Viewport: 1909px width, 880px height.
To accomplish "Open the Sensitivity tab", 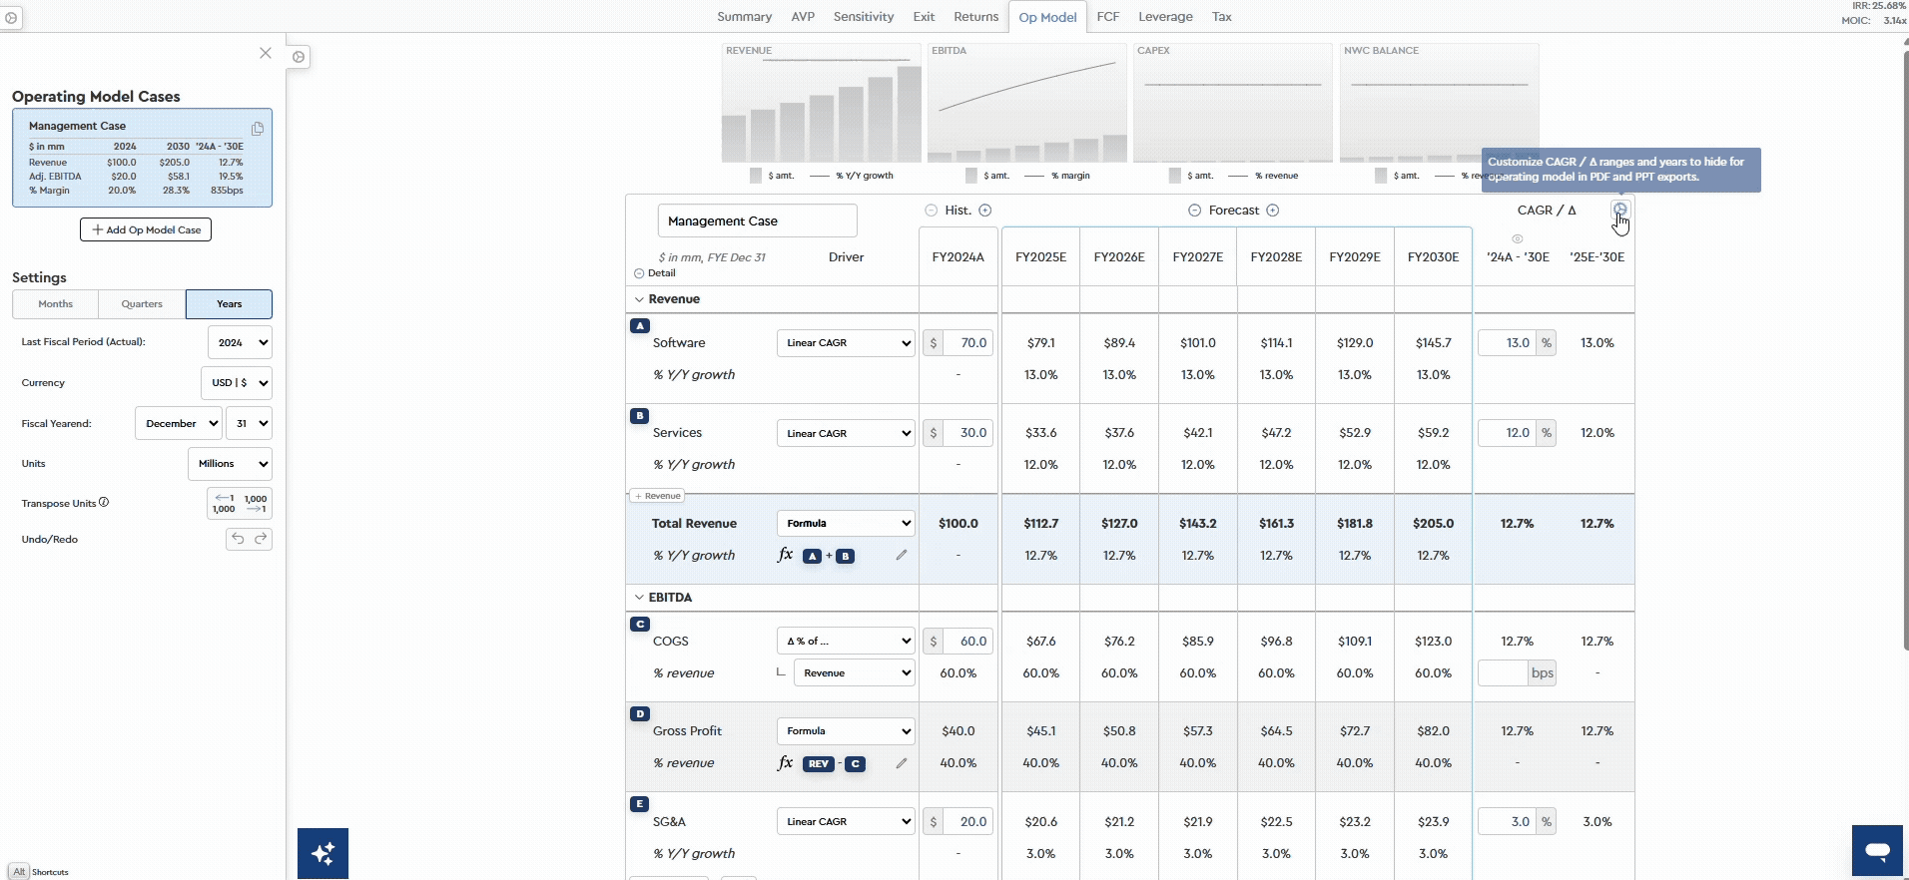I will point(864,17).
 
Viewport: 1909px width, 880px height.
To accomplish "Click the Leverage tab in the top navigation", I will point(1165,17).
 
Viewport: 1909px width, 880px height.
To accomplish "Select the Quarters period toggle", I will point(142,304).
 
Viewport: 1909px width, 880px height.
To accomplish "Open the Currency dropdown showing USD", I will point(237,383).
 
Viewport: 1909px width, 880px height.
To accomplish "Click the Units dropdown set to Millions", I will point(230,464).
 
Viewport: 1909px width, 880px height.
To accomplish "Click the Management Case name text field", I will point(757,221).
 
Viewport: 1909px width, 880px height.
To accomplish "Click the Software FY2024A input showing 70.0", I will point(966,343).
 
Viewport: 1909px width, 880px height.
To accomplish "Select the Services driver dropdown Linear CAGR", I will point(846,433).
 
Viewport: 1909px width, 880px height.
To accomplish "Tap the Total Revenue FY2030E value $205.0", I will point(1433,524).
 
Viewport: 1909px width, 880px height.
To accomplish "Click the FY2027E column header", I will point(1197,257).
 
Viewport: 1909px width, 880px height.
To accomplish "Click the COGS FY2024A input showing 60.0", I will point(966,642).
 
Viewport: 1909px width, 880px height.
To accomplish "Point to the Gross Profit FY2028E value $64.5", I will point(1276,731).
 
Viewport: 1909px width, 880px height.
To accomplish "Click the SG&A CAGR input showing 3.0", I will point(1508,822).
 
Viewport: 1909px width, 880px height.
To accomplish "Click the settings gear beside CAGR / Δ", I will point(1619,210).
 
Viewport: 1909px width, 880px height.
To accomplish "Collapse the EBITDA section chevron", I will point(639,598).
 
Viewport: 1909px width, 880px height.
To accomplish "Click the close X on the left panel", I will point(266,53).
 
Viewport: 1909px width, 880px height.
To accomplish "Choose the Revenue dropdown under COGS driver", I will point(854,673).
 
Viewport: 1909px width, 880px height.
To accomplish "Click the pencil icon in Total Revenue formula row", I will point(902,556).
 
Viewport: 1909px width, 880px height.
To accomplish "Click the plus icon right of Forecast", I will point(1273,211).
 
